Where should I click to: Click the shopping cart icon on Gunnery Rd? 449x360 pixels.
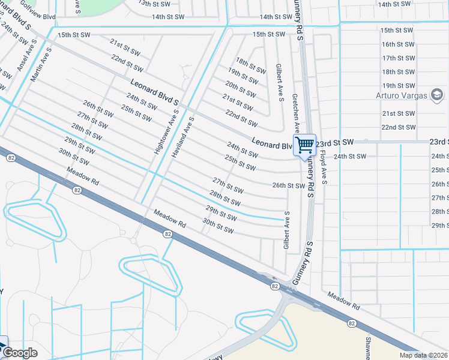tap(304, 145)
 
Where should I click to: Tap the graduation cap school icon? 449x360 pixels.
tap(437, 95)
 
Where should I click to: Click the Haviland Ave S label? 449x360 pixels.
tap(183, 136)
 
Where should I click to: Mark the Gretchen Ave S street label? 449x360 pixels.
tap(295, 113)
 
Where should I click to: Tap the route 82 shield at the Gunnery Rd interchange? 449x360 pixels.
tap(274, 287)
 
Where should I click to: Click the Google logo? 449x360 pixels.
tap(20, 353)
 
